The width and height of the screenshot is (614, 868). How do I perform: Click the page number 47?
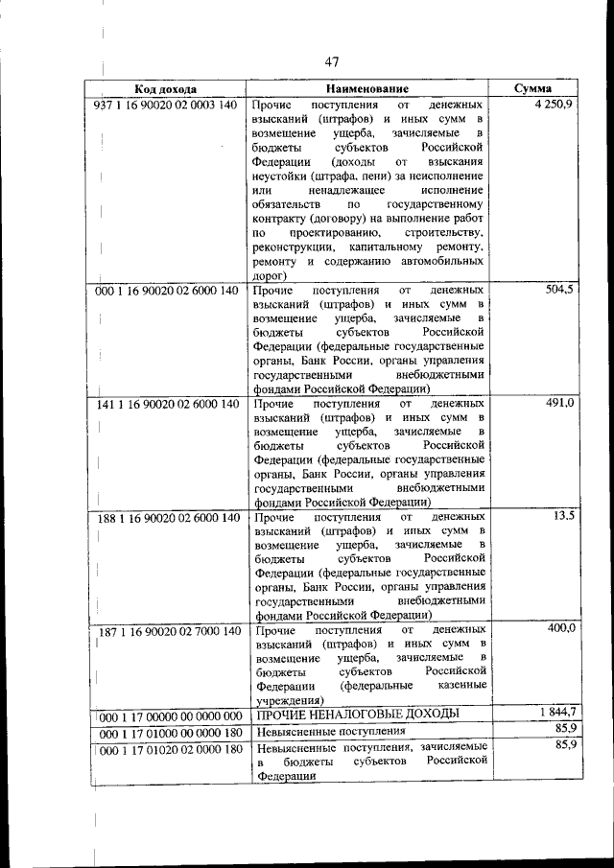[x=332, y=62]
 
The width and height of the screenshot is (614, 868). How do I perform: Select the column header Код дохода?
[x=165, y=87]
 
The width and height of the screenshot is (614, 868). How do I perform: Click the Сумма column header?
[x=531, y=87]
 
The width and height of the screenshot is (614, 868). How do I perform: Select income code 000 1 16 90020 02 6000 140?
[x=167, y=290]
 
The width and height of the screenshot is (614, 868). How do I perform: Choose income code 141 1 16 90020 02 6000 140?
[x=167, y=404]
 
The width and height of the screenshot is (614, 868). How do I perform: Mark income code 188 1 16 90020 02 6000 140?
[x=167, y=518]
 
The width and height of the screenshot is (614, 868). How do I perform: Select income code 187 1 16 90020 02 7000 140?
[x=167, y=631]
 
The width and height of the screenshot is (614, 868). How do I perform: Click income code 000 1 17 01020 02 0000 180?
[x=169, y=749]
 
